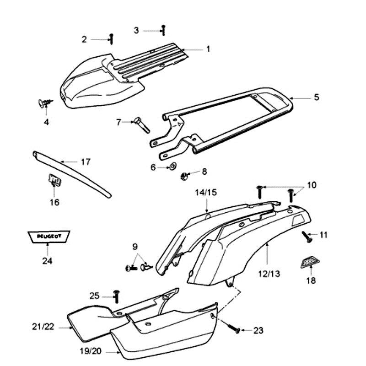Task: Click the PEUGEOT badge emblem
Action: coord(48,236)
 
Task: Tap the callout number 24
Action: coord(48,261)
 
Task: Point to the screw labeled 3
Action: coord(163,30)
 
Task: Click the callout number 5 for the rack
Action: coord(317,97)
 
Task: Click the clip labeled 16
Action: coord(55,181)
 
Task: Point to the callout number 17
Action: coord(86,161)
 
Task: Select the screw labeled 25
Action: coord(115,296)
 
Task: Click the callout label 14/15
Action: coord(206,192)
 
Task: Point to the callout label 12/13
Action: coord(269,274)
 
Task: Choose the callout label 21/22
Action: coord(44,327)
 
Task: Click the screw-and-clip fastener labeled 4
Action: coord(44,104)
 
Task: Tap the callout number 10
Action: coord(312,185)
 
